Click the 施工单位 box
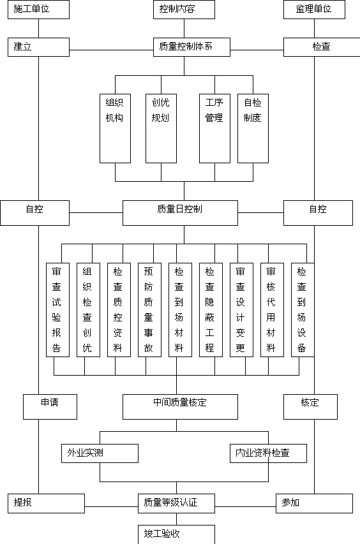pyautogui.click(x=38, y=10)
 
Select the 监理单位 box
pyautogui.click(x=314, y=10)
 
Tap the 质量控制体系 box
pyautogui.click(x=191, y=47)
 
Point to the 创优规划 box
pyautogui.click(x=161, y=128)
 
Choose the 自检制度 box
pyautogui.click(x=253, y=128)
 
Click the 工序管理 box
pyautogui.click(x=214, y=128)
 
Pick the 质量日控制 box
pyautogui.click(x=180, y=213)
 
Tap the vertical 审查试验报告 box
pyautogui.click(x=57, y=310)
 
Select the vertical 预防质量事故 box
pyautogui.click(x=149, y=310)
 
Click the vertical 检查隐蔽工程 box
pyautogui.click(x=211, y=310)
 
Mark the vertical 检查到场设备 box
pyautogui.click(x=303, y=310)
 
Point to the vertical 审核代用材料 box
pyautogui.click(x=272, y=310)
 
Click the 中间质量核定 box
pyautogui.click(x=180, y=407)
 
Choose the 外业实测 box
pyautogui.click(x=100, y=453)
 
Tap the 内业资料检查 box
pyautogui.click(x=268, y=453)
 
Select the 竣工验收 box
pyautogui.click(x=176, y=534)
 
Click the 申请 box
pyautogui.click(x=50, y=407)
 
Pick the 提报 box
pyautogui.click(x=46, y=503)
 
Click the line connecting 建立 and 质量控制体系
pyautogui.click(x=112, y=50)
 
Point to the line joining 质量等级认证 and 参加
pyautogui.click(x=246, y=506)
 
